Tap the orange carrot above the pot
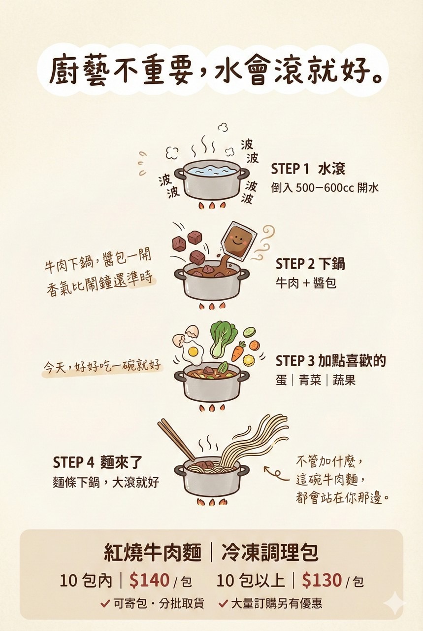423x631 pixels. [238, 351]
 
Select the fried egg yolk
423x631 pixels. [193, 351]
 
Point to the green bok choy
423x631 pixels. [223, 338]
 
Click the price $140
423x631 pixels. [149, 580]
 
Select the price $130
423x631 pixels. [322, 580]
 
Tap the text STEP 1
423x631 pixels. [290, 169]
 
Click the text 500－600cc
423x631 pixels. [325, 188]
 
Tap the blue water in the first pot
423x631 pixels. [211, 171]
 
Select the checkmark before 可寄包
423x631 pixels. [105, 604]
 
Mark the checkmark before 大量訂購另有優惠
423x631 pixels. [223, 604]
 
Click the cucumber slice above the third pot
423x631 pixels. [249, 331]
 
